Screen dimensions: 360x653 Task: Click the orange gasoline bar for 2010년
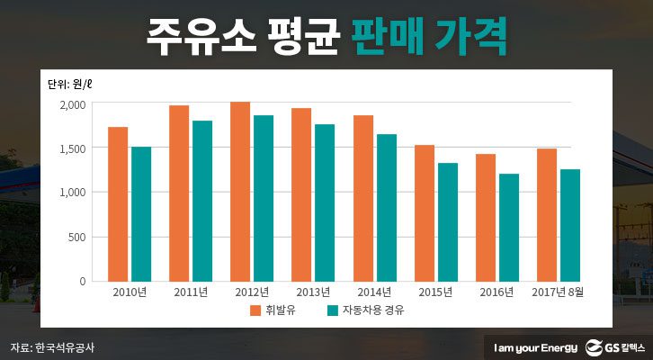point(118,203)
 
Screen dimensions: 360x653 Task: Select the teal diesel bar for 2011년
point(202,201)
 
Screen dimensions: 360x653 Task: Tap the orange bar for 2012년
point(240,191)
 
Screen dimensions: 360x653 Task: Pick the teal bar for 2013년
point(325,202)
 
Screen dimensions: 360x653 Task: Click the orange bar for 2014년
point(363,198)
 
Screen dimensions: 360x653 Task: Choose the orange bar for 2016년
point(486,217)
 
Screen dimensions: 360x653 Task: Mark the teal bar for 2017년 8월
point(569,225)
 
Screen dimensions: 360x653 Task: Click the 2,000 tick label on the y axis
point(73,104)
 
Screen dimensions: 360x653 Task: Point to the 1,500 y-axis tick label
point(73,148)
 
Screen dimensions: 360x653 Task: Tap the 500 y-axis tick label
point(78,237)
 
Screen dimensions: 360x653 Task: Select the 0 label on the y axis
point(84,281)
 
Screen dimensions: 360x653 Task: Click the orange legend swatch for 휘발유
point(256,311)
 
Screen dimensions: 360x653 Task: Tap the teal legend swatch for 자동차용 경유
point(332,311)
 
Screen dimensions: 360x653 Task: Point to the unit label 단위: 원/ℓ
point(73,85)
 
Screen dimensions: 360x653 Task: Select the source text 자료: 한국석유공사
point(52,346)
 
